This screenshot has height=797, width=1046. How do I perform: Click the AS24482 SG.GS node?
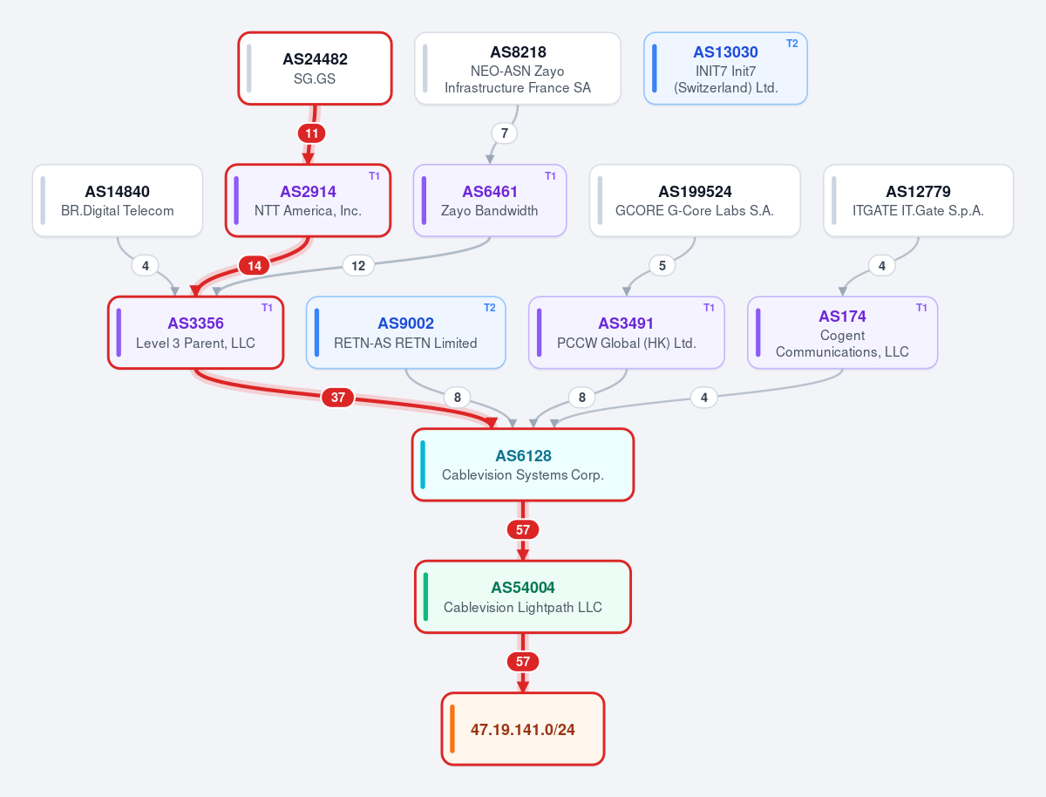pyautogui.click(x=315, y=68)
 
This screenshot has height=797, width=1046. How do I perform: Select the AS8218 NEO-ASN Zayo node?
pyautogui.click(x=518, y=68)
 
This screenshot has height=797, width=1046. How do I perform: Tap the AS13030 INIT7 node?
pyautogui.click(x=725, y=68)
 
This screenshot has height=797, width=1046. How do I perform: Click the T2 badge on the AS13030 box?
pyautogui.click(x=791, y=44)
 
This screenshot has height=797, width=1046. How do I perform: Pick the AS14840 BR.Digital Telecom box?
pyautogui.click(x=118, y=201)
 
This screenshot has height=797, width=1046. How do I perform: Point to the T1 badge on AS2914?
pyautogui.click(x=374, y=176)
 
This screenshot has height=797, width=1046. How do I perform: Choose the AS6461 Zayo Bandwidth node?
pyautogui.click(x=490, y=201)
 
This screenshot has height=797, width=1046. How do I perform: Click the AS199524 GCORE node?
pyautogui.click(x=695, y=201)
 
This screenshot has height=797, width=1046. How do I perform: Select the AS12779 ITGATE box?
pyautogui.click(x=918, y=201)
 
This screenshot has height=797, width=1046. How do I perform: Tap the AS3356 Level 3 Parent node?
pyautogui.click(x=196, y=333)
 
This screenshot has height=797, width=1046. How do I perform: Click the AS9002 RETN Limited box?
pyautogui.click(x=405, y=333)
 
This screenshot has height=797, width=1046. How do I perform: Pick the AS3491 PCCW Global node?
pyautogui.click(x=626, y=333)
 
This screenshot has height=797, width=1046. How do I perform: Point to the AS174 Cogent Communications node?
pyautogui.click(x=843, y=333)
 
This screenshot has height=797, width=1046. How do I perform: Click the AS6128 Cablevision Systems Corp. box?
pyautogui.click(x=523, y=465)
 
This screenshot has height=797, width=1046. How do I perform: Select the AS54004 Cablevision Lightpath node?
pyautogui.click(x=523, y=596)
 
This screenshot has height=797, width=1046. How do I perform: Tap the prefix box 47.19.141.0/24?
pyautogui.click(x=523, y=729)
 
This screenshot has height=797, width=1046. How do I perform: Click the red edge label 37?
pyautogui.click(x=338, y=397)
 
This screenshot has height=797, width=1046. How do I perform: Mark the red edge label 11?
pyautogui.click(x=312, y=133)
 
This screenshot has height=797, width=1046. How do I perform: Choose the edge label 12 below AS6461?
pyautogui.click(x=358, y=265)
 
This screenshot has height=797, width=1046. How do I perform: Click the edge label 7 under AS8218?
pyautogui.click(x=504, y=133)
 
